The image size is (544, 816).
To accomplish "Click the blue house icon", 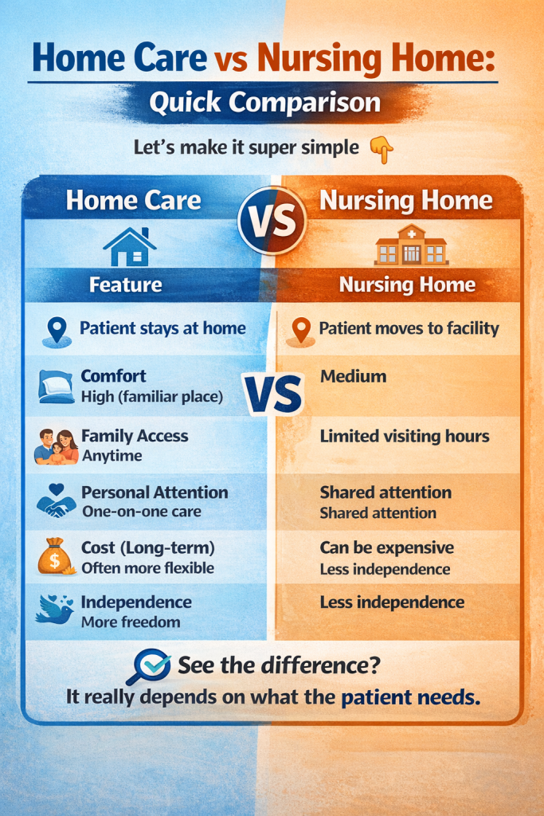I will (x=129, y=247).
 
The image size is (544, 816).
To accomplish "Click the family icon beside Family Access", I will (x=56, y=445).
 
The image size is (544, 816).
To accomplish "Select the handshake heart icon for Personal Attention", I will (x=56, y=501).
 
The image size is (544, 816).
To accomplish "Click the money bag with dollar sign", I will (x=54, y=556).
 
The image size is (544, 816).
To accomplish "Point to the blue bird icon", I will (x=54, y=610).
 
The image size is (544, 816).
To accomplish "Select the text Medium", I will (x=353, y=376).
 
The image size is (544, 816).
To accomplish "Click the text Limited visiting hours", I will (x=405, y=436).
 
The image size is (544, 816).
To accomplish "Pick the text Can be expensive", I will (x=387, y=548).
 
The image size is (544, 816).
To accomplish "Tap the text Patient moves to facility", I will (x=409, y=328).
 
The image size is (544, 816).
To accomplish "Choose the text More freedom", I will (x=131, y=622).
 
